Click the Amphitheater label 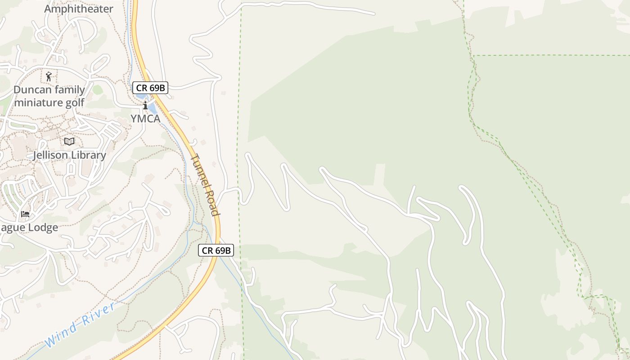79,9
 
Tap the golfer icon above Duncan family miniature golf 49,76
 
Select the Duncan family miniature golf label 49,96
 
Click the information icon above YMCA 145,106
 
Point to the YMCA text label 145,118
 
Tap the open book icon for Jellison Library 69,142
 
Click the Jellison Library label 69,155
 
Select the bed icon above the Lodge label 25,213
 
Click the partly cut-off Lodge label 29,227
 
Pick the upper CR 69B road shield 150,88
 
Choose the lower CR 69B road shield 216,251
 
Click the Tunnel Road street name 205,185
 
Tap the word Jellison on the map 50,155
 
